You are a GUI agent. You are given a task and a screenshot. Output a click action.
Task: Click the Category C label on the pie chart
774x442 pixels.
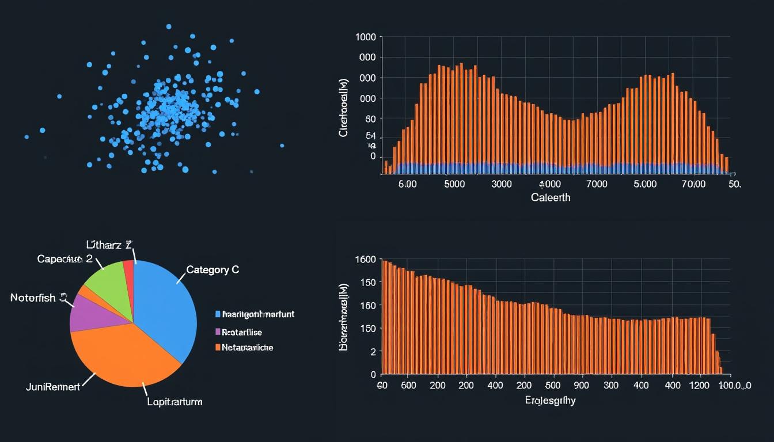point(213,269)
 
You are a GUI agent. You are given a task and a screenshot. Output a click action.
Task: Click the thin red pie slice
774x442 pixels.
point(129,270)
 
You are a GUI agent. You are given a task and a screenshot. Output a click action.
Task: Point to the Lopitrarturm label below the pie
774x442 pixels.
point(174,402)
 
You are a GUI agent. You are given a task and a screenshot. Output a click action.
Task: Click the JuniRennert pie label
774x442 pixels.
point(53,387)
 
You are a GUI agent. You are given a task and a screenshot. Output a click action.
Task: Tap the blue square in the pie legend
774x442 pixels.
point(218,314)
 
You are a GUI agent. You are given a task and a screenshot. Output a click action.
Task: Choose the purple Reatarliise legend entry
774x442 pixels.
point(242,332)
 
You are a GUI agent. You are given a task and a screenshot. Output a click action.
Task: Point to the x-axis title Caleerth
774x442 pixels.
point(550,197)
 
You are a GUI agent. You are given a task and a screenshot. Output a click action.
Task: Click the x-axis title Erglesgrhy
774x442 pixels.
point(549,401)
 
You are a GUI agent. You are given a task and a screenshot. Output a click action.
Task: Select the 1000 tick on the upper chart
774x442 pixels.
point(366,37)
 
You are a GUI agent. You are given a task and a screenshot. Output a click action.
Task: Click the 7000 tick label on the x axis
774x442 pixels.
point(596,184)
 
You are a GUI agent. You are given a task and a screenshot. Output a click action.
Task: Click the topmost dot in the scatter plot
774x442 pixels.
point(169,26)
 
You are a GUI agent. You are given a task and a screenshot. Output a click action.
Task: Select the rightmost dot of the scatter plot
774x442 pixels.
point(282,145)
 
